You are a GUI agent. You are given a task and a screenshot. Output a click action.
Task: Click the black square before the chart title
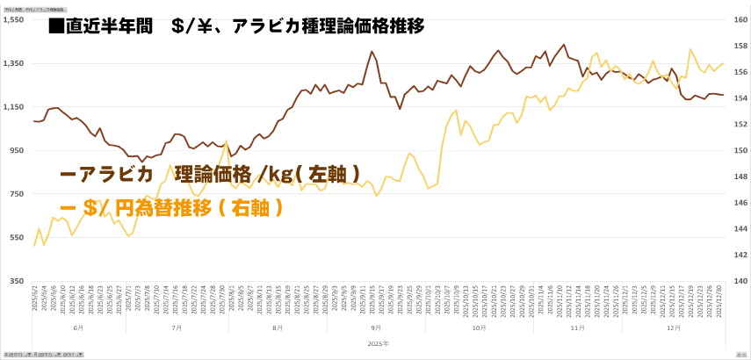click(57, 26)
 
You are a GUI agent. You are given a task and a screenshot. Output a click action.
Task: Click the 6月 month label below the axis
click(78, 328)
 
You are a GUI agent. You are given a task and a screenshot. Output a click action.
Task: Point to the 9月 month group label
click(378, 328)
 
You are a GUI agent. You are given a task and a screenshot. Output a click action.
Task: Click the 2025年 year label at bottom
click(379, 343)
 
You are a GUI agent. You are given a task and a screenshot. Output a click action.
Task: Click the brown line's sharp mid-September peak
click(372, 52)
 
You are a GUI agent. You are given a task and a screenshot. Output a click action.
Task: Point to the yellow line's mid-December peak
click(690, 49)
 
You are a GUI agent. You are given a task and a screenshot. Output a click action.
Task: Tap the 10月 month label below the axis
click(478, 328)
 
